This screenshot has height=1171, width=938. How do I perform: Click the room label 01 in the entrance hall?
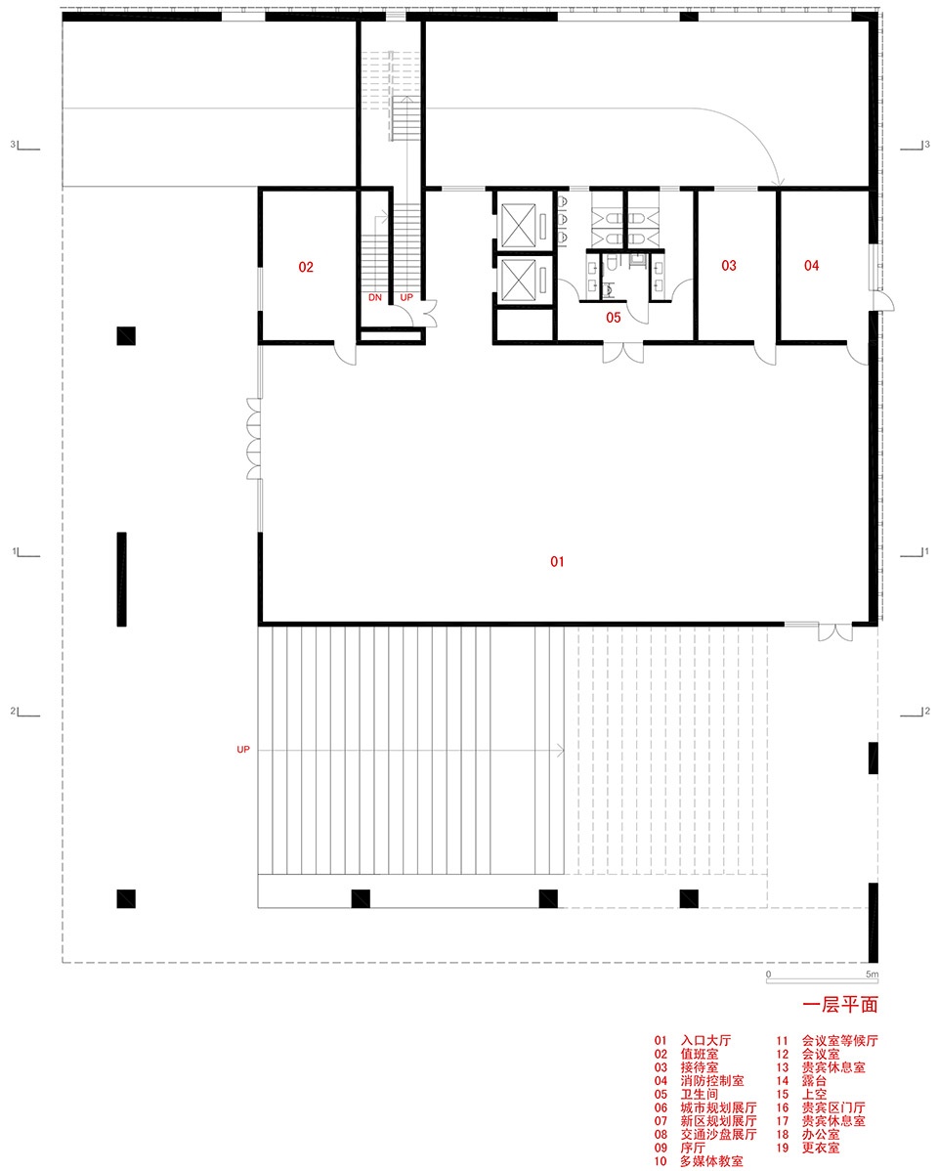point(557,562)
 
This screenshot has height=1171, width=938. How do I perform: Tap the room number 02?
point(306,268)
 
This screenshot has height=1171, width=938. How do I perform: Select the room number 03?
point(729,266)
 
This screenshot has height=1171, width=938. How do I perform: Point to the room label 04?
point(812,266)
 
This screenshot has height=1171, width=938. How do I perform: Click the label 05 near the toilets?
point(614,318)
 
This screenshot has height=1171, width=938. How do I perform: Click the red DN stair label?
point(375,297)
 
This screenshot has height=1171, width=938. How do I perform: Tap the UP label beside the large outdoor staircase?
point(243,749)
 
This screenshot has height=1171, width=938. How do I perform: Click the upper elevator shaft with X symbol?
point(518,225)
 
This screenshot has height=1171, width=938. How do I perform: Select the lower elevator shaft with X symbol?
point(518,280)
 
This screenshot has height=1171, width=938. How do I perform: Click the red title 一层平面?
point(840,1005)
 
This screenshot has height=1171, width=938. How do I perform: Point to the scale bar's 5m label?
point(872,975)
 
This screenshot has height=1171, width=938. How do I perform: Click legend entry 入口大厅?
point(705,1040)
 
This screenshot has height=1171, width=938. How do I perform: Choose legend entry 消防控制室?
point(711,1081)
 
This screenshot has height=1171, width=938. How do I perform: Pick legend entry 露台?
point(814,1081)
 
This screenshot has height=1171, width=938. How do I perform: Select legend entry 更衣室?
point(821,1148)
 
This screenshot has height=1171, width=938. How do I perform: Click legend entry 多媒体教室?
point(711,1161)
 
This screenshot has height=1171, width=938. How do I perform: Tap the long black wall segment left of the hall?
point(122,579)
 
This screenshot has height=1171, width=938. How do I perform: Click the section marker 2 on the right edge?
point(916,713)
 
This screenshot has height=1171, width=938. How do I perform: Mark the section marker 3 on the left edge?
point(24,146)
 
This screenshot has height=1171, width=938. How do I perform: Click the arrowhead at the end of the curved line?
point(780,182)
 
